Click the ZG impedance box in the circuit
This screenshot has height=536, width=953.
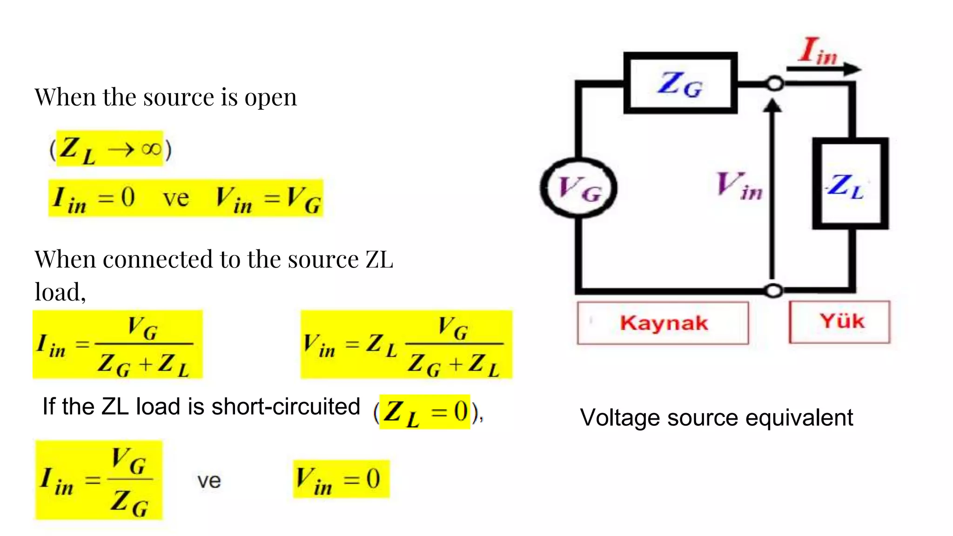680,84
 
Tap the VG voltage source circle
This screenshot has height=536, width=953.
578,188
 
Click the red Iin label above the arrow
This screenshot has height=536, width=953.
818,51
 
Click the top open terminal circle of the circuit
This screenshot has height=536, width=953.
774,84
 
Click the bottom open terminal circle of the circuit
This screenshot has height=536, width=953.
773,291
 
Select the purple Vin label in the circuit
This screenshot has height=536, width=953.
739,186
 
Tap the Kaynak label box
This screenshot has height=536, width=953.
663,323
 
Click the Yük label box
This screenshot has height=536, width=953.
840,322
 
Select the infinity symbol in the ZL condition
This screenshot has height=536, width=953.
151,149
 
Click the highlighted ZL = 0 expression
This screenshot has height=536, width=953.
424,412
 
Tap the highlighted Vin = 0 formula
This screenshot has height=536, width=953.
341,479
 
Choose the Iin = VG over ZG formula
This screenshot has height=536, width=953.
99,480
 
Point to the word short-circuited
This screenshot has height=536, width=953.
286,407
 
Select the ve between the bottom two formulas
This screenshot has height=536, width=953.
209,481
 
